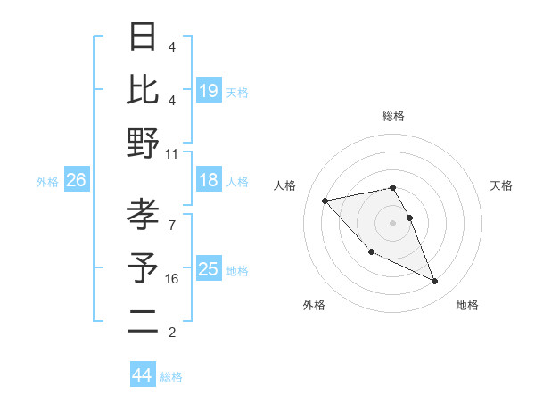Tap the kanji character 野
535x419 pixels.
click(144, 143)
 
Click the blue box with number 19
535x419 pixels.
click(209, 91)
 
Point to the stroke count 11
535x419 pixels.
click(172, 153)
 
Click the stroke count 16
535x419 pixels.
click(172, 279)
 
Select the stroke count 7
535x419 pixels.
click(172, 216)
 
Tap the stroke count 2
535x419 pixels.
click(172, 333)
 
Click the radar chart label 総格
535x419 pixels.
click(393, 116)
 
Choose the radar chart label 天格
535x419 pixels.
click(501, 185)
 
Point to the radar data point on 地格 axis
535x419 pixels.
click(435, 282)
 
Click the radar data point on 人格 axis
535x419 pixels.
click(325, 201)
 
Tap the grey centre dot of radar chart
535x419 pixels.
click(393, 223)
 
